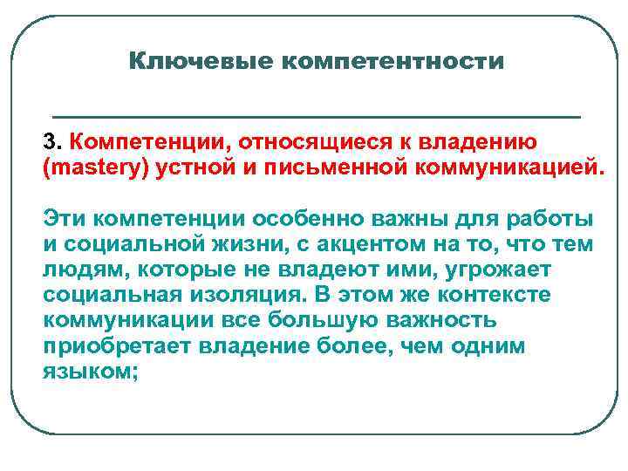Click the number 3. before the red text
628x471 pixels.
[x=52, y=141]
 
